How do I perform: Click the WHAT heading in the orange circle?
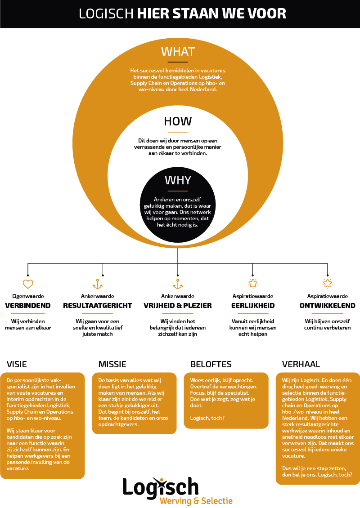(x=178, y=52)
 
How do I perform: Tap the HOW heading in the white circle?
(x=178, y=121)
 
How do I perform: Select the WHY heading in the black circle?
(x=178, y=180)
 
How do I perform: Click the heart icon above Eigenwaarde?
(x=28, y=284)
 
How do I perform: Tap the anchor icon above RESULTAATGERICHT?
(x=98, y=284)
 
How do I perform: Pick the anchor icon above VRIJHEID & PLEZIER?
(x=178, y=284)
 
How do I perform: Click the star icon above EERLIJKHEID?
(x=253, y=284)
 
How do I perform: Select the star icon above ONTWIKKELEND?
(x=328, y=284)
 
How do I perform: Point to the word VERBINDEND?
(x=28, y=306)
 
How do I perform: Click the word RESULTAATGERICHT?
(x=98, y=306)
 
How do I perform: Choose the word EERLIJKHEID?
(x=253, y=306)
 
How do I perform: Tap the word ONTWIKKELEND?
(x=327, y=306)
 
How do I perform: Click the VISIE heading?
(x=17, y=365)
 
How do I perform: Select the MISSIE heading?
(x=112, y=365)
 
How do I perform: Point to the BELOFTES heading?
(x=211, y=365)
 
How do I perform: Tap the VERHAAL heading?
(x=301, y=365)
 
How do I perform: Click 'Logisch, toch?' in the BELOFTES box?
(x=207, y=418)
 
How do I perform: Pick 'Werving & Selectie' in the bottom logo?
(x=196, y=501)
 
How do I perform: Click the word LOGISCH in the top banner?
(x=106, y=14)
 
